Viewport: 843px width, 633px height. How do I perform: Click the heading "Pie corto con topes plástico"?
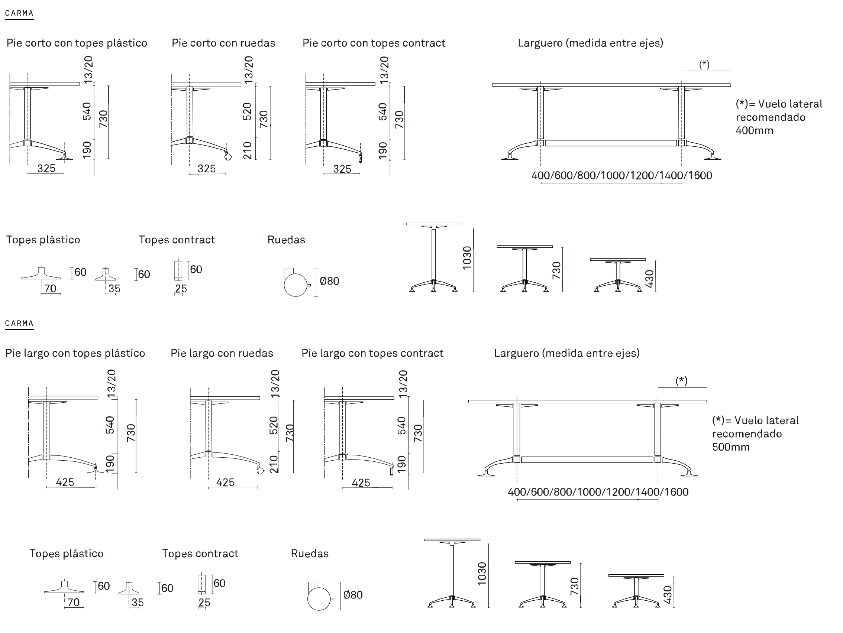(77, 43)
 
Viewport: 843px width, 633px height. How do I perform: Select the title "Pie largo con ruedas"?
(222, 353)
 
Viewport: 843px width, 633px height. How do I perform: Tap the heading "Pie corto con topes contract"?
(374, 43)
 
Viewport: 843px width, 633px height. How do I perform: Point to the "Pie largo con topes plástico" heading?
(75, 353)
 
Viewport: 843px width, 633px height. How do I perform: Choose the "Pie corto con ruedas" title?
(223, 43)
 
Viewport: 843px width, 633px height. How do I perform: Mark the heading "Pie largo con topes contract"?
(372, 353)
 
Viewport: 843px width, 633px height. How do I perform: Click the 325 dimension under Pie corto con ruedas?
(207, 169)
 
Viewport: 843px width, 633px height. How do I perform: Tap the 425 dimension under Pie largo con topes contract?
(361, 483)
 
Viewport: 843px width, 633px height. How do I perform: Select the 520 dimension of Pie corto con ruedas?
(248, 111)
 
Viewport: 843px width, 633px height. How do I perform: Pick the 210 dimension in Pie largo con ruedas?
(274, 464)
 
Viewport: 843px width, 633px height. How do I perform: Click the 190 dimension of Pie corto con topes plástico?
(87, 150)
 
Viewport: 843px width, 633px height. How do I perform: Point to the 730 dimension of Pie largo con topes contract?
(419, 433)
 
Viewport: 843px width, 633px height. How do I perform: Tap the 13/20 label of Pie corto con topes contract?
(384, 70)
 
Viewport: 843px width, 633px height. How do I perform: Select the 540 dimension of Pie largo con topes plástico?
(110, 425)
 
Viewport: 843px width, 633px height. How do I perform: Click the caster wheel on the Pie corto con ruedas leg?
(228, 156)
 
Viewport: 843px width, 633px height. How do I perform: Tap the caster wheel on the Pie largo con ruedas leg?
(260, 470)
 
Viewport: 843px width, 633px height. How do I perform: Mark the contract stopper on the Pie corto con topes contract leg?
(360, 158)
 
